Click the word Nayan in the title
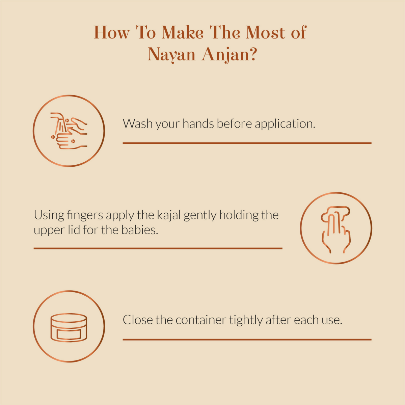(x=171, y=54)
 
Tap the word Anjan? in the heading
(x=229, y=54)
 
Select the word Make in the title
(x=183, y=33)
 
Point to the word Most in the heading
(x=266, y=33)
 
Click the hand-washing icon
(x=69, y=131)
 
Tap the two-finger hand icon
(x=336, y=230)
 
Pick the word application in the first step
(x=285, y=124)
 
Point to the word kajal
(x=169, y=215)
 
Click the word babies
(x=139, y=230)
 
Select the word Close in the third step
(x=138, y=320)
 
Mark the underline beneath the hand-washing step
(x=247, y=143)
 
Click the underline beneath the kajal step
(x=158, y=248)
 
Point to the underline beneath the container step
(x=247, y=340)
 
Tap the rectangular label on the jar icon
(x=69, y=334)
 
